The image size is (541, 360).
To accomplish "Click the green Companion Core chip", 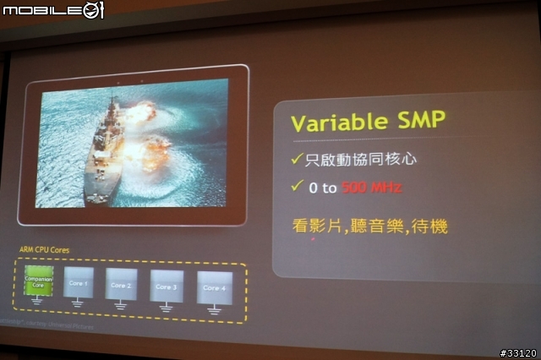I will [38, 281].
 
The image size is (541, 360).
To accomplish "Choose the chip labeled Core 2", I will [121, 285].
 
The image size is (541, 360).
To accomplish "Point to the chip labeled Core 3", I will [166, 286].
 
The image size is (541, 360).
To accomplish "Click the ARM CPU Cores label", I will [44, 251].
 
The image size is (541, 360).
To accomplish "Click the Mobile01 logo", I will [52, 10].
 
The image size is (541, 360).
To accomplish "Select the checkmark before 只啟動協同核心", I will [296, 158].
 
